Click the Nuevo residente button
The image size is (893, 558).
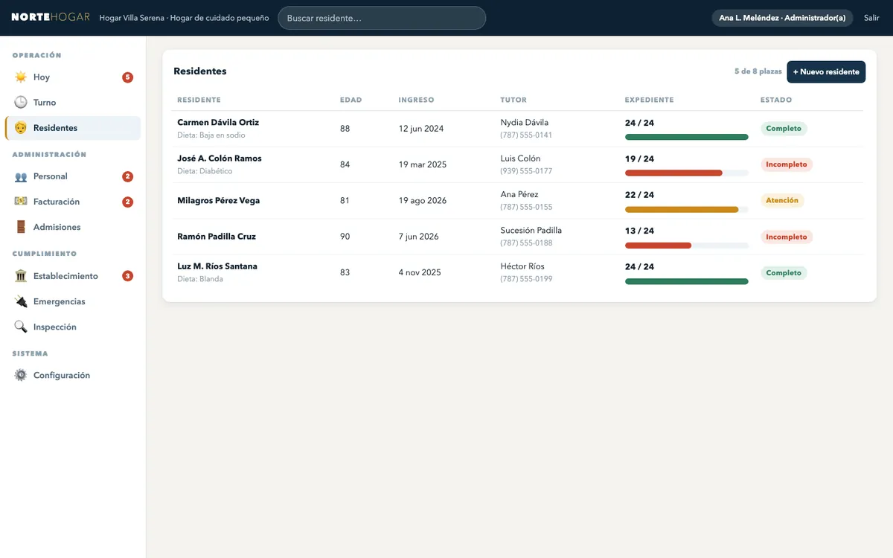(x=825, y=71)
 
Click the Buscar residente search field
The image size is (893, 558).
(x=382, y=18)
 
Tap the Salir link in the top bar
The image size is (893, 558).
(x=871, y=18)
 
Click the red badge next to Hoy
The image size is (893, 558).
(x=127, y=77)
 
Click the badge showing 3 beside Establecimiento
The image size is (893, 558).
(x=127, y=276)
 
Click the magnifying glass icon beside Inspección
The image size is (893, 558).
(x=21, y=327)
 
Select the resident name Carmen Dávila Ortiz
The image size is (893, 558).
(x=218, y=122)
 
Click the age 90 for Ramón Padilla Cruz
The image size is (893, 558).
(x=345, y=237)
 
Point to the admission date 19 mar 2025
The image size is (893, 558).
(x=422, y=164)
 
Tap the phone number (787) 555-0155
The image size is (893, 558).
(x=526, y=207)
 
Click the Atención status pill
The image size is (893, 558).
(x=782, y=200)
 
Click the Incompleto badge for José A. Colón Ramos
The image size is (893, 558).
(x=786, y=164)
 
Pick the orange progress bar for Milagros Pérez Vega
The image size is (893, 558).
(x=682, y=210)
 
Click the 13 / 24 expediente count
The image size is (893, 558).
(x=639, y=231)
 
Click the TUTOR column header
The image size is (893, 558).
(x=513, y=100)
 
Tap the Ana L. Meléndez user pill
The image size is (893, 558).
(x=782, y=18)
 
